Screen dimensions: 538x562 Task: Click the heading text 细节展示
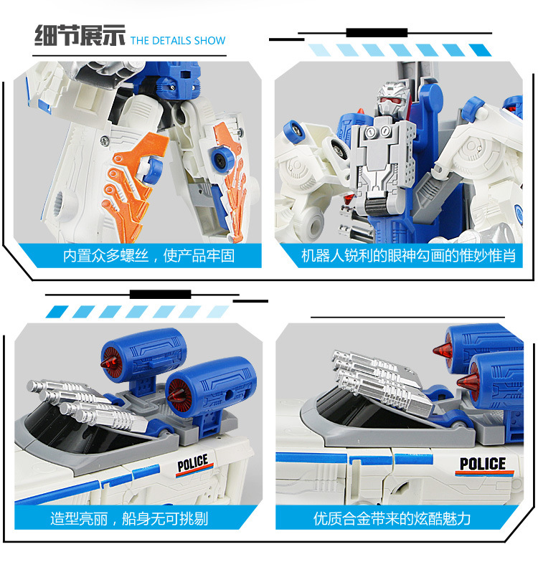click(80, 36)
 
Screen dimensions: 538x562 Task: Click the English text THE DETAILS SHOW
click(178, 40)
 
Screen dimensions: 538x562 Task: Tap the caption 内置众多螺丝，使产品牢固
click(149, 256)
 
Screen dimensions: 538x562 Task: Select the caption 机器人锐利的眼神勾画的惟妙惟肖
click(409, 256)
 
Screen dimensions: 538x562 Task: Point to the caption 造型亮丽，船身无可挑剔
click(129, 519)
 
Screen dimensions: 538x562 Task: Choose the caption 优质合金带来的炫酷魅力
click(392, 519)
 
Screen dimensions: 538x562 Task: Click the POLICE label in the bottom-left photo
click(194, 464)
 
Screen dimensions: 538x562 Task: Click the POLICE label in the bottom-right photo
click(483, 465)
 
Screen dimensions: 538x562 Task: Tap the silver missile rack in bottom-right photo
click(382, 381)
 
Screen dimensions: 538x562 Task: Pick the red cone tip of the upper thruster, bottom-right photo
click(441, 350)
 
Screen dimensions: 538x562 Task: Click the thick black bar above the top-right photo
click(377, 33)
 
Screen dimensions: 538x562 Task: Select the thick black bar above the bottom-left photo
click(161, 294)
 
